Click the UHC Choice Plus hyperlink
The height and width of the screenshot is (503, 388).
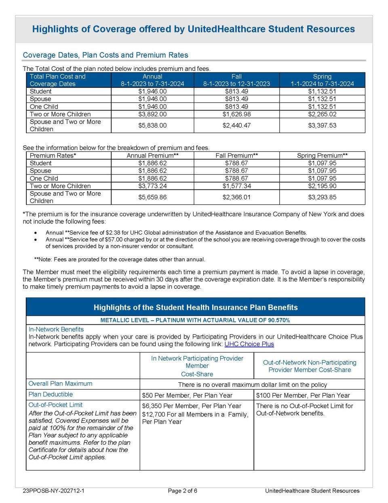click(249, 344)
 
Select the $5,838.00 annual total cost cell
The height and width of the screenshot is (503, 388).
click(152, 126)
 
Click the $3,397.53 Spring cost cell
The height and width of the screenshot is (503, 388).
click(322, 126)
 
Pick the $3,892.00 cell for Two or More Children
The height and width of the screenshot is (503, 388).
click(152, 114)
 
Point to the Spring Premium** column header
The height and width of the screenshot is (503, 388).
click(322, 156)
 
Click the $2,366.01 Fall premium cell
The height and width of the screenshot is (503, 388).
click(236, 197)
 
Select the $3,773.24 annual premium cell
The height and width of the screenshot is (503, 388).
click(152, 186)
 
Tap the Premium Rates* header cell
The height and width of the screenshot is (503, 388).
click(53, 156)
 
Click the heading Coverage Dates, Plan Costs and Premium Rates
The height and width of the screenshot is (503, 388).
click(105, 55)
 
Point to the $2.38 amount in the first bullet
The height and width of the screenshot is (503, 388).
click(112, 232)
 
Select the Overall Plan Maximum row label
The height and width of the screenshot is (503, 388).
click(60, 384)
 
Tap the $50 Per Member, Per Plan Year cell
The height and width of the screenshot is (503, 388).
click(187, 395)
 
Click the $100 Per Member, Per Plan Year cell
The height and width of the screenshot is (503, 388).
click(303, 395)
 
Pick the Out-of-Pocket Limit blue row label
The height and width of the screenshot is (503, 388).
click(55, 405)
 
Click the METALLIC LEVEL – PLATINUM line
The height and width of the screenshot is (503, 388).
click(195, 320)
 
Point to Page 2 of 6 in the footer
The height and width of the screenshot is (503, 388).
click(182, 491)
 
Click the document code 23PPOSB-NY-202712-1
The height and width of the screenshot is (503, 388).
click(53, 491)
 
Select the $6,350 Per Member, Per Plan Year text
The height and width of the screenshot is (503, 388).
click(192, 406)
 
